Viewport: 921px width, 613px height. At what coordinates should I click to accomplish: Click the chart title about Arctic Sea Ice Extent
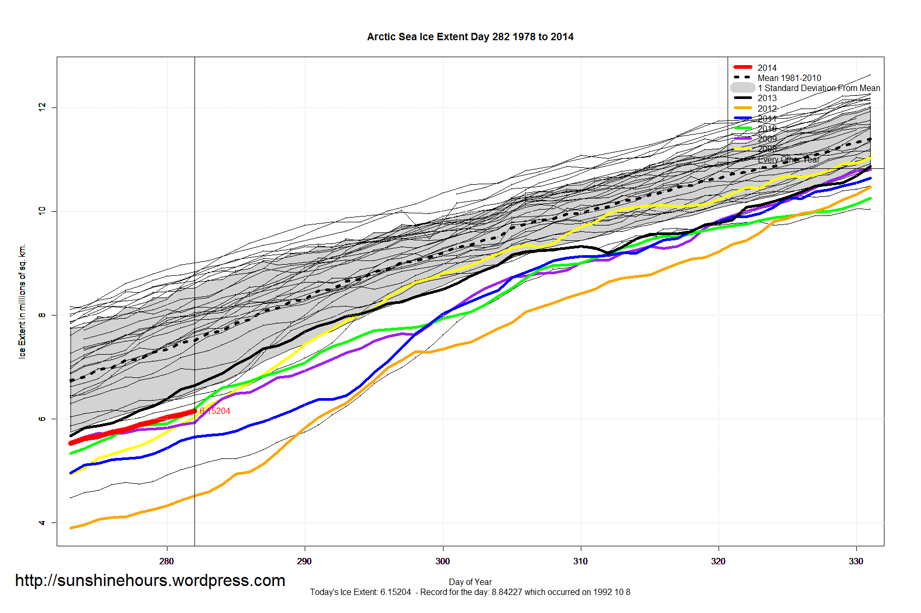[x=470, y=37]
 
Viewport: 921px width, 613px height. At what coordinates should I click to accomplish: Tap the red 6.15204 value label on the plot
[x=215, y=411]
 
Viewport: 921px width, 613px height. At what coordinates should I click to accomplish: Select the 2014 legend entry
[x=767, y=68]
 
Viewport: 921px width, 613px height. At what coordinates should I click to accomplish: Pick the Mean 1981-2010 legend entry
[x=789, y=78]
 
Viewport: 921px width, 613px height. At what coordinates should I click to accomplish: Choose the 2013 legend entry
[x=767, y=98]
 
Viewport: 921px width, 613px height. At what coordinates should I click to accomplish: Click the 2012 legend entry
[x=767, y=109]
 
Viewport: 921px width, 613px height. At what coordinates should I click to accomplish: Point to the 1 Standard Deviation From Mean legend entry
[x=819, y=88]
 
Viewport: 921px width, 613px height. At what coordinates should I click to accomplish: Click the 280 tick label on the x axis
[x=166, y=562]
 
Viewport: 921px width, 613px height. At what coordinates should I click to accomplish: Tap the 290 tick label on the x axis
[x=304, y=562]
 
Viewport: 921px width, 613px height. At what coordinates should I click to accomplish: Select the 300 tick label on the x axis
[x=442, y=562]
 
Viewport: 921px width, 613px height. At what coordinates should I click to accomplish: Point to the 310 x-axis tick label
[x=580, y=562]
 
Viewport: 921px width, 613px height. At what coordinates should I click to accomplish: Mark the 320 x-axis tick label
[x=718, y=562]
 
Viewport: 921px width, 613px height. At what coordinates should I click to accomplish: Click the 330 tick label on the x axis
[x=856, y=562]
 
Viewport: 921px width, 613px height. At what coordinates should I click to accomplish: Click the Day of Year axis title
[x=470, y=582]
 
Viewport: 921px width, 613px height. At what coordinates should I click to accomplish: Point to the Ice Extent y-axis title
[x=22, y=301]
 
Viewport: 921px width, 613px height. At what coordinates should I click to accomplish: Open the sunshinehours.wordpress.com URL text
[x=150, y=581]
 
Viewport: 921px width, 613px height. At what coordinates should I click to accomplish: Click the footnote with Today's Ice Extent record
[x=470, y=592]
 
